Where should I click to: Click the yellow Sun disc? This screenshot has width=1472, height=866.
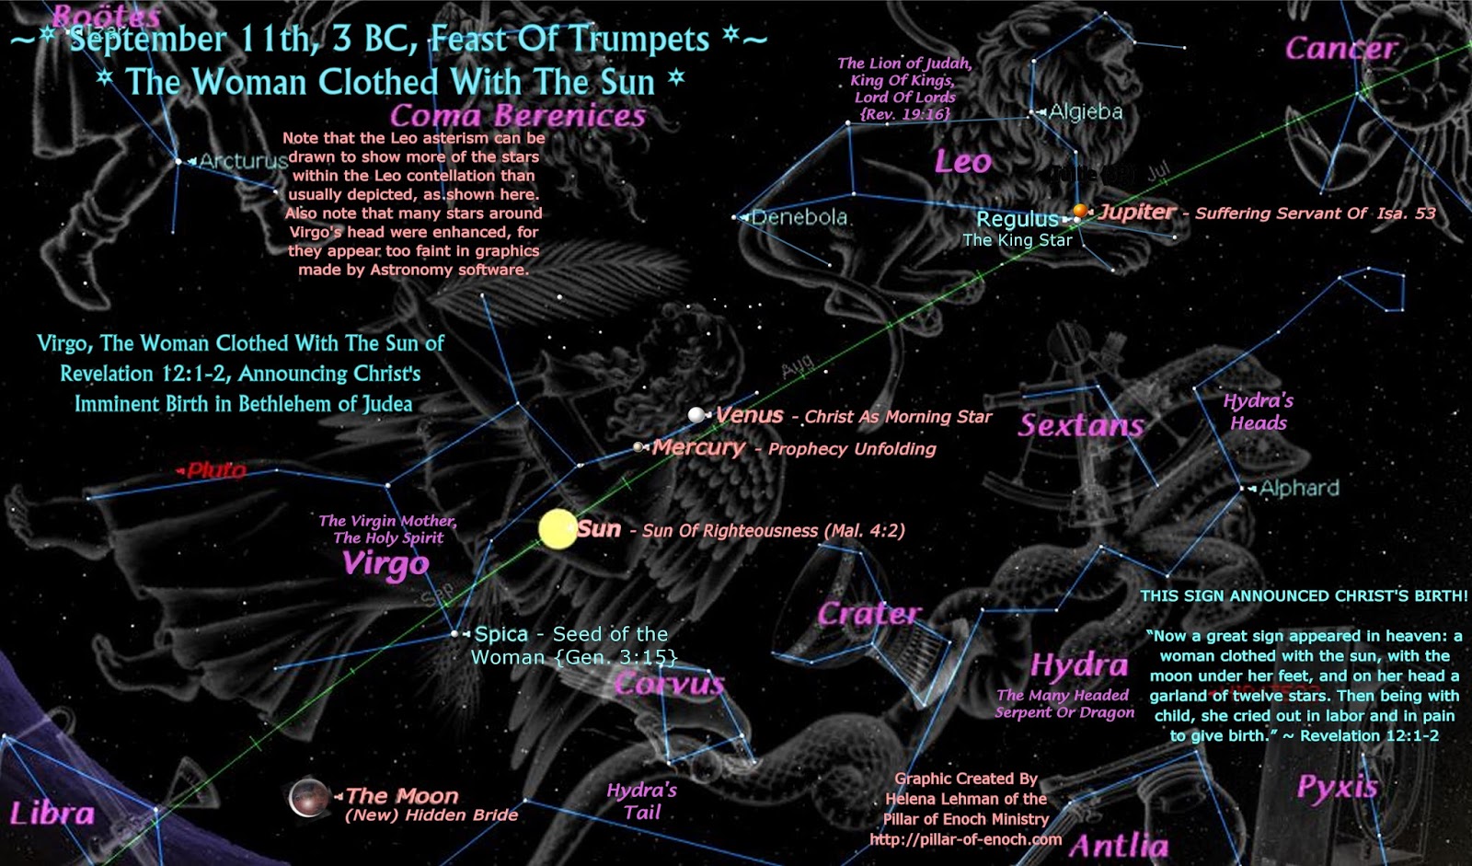click(x=557, y=529)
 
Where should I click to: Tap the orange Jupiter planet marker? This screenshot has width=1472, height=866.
click(x=1081, y=212)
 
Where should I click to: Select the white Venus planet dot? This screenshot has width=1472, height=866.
click(x=696, y=415)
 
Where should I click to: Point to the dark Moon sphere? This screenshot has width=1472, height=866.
click(x=308, y=798)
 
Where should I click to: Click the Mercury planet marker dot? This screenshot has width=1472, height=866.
click(x=638, y=447)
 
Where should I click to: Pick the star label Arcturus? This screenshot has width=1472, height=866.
click(x=243, y=161)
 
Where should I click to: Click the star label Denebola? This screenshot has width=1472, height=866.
click(x=799, y=217)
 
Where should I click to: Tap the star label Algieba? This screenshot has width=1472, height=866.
click(x=1086, y=111)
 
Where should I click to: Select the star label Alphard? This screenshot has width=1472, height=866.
click(x=1299, y=488)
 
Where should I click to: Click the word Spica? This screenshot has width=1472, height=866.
click(x=501, y=634)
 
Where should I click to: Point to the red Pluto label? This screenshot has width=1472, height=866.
click(x=216, y=470)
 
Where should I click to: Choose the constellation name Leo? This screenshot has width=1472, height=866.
click(x=963, y=162)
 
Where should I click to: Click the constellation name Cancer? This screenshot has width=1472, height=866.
click(x=1340, y=48)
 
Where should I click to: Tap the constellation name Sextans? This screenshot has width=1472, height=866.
click(x=1081, y=424)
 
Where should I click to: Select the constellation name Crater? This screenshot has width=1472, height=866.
click(x=868, y=613)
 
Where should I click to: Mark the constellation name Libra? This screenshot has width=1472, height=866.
click(x=52, y=813)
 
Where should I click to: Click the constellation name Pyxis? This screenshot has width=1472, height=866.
click(x=1338, y=787)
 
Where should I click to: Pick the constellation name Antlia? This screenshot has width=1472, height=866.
click(x=1119, y=845)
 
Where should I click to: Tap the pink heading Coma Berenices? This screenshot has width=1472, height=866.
click(x=518, y=116)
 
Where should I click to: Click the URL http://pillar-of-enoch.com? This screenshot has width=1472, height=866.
click(x=965, y=839)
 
